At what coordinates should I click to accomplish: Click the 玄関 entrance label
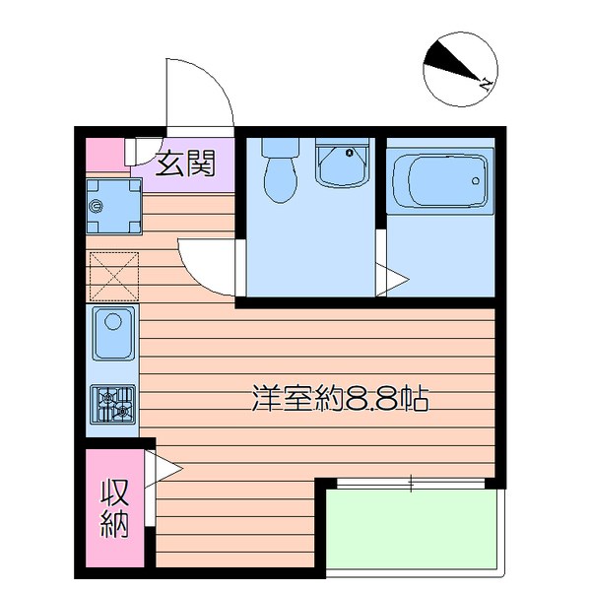tap(185, 162)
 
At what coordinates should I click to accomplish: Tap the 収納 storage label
tap(114, 508)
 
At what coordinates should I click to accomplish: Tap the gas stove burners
tap(113, 404)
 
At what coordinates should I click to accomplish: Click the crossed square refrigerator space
tap(113, 275)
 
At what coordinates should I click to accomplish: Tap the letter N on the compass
tap(485, 85)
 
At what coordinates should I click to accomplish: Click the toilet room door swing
tap(206, 265)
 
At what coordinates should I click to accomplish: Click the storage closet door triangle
tap(163, 468)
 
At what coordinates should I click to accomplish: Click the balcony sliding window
tap(412, 482)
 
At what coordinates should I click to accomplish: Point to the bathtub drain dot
tap(477, 180)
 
